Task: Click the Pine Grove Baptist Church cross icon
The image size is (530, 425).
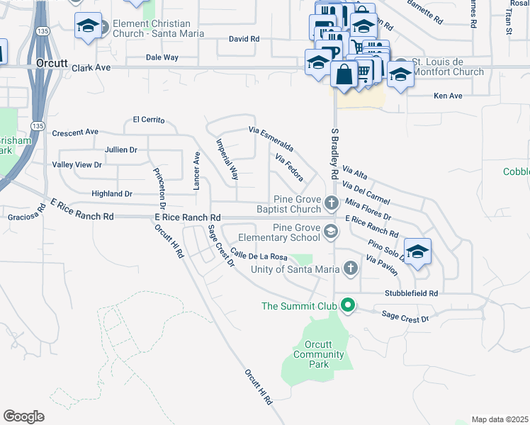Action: [331, 204]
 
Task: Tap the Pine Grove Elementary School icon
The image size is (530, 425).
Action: [331, 232]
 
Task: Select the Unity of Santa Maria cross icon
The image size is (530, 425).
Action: [349, 268]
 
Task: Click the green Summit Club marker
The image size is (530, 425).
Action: [347, 306]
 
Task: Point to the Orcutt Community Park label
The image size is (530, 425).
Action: [309, 354]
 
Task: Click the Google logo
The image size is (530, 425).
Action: [23, 416]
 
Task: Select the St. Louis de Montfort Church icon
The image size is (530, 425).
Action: [401, 63]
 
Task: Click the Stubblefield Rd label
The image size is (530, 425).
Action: [412, 293]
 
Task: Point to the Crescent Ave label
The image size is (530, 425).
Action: [75, 132]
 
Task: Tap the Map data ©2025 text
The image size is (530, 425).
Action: [500, 419]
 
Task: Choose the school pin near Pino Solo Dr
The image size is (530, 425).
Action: [417, 251]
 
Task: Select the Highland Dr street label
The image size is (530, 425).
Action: [112, 193]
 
